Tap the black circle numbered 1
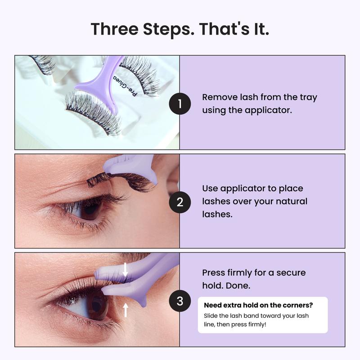coord(180,104)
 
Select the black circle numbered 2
coord(180,202)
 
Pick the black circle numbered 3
coord(180,301)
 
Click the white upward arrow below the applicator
coord(125,309)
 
